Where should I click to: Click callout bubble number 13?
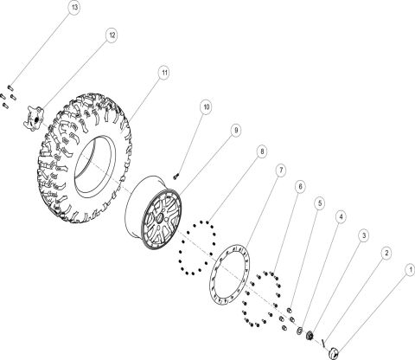tap(75, 8)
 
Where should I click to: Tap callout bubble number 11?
tap(163, 73)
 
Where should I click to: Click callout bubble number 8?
tap(262, 151)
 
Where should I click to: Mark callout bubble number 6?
tap(300, 186)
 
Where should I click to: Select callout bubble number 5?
tap(320, 202)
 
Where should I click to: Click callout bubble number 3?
tap(363, 235)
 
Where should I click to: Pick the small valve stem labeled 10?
tap(176, 175)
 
